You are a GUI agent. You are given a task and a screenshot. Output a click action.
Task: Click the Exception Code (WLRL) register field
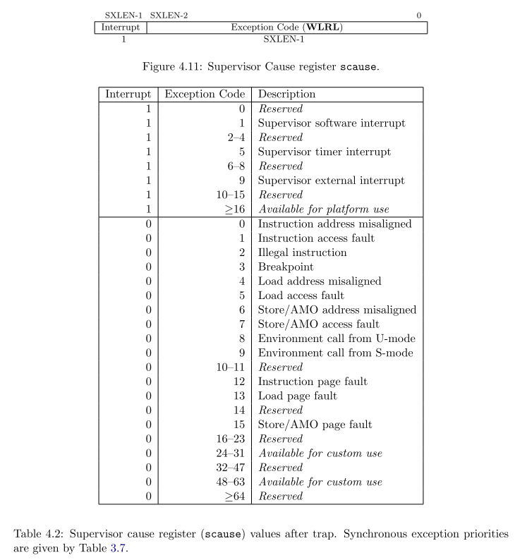(287, 28)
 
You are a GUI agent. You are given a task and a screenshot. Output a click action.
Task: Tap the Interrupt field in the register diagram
(121, 28)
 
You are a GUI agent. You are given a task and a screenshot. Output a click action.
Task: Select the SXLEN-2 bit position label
(169, 15)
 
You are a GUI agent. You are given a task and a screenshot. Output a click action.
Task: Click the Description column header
(287, 94)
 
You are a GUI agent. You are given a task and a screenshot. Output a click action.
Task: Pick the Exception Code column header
(205, 94)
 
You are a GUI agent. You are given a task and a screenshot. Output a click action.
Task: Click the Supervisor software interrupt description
(332, 123)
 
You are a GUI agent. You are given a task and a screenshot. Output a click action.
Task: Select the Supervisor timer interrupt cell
(324, 152)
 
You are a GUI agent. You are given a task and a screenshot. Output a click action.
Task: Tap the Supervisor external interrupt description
(332, 181)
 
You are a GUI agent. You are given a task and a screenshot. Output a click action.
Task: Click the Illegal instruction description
(303, 252)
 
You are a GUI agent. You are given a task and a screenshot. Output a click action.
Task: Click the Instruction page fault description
(313, 382)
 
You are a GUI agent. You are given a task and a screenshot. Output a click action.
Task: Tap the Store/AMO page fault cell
(315, 425)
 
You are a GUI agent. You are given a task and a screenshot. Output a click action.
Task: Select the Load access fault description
(301, 296)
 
